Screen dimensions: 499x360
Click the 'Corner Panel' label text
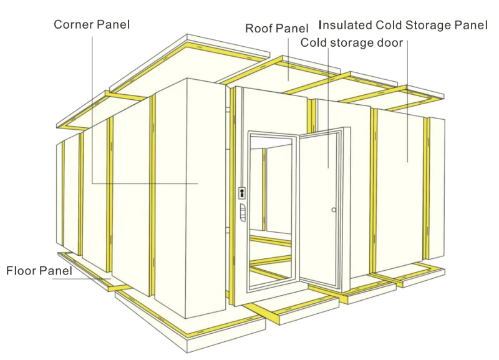point(92,24)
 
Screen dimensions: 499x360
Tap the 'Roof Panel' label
point(276,28)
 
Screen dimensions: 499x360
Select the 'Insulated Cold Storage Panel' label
point(403,25)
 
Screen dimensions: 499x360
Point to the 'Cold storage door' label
point(352,42)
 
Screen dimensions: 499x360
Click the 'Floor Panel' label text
point(39,271)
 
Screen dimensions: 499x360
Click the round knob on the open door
point(334,210)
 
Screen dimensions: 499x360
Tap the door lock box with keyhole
point(242,193)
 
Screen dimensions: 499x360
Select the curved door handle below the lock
point(243,213)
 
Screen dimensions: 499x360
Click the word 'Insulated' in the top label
point(345,25)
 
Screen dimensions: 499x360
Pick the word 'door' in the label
point(390,42)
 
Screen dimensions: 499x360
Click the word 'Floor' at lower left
point(21,271)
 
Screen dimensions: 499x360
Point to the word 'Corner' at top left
point(73,24)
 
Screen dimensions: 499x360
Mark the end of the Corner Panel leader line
point(198,183)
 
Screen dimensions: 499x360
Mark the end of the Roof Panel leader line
point(289,81)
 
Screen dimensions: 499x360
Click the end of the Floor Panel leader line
point(111,279)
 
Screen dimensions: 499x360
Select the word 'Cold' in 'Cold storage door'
point(314,42)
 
